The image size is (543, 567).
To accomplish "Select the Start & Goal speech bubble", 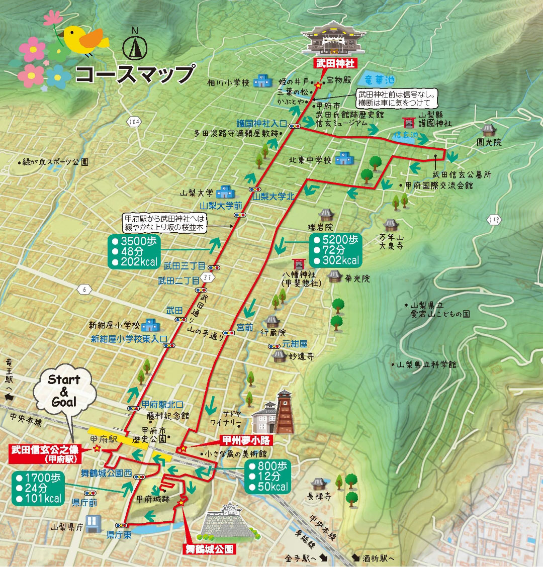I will point(64,391).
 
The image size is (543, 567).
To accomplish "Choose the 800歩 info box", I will point(268,477).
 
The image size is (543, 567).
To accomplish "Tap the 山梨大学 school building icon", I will point(225,192).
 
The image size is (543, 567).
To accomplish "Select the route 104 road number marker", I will point(134,122).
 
